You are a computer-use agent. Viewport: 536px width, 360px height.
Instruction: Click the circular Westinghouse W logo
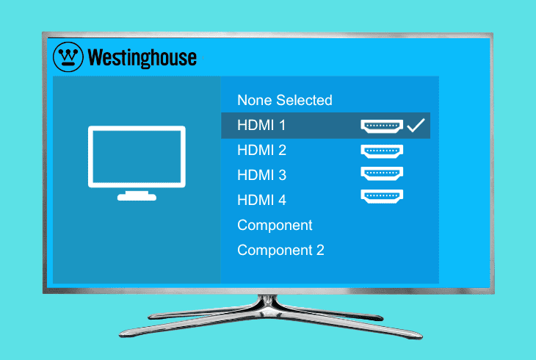point(69,56)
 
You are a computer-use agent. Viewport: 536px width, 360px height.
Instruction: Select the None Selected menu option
point(284,100)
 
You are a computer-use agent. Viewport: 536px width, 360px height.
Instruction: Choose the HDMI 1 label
point(261,126)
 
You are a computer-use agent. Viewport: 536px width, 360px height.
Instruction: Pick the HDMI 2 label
point(261,151)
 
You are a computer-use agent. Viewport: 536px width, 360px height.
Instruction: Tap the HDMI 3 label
point(261,176)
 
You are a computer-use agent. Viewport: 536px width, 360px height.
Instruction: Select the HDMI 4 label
point(261,201)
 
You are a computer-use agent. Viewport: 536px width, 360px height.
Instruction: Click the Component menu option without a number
point(275,226)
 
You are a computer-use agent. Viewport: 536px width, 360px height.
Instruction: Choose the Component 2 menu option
point(280,251)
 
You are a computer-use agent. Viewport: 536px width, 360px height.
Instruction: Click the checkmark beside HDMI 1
point(416,126)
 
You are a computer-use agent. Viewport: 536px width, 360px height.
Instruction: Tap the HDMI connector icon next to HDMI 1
point(382,126)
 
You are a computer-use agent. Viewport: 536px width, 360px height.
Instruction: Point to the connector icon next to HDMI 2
point(382,151)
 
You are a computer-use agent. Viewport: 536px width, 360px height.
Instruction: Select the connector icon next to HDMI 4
point(382,195)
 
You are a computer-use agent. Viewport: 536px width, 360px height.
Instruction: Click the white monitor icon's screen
point(137,155)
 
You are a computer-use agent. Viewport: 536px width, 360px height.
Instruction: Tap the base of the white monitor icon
point(137,196)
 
